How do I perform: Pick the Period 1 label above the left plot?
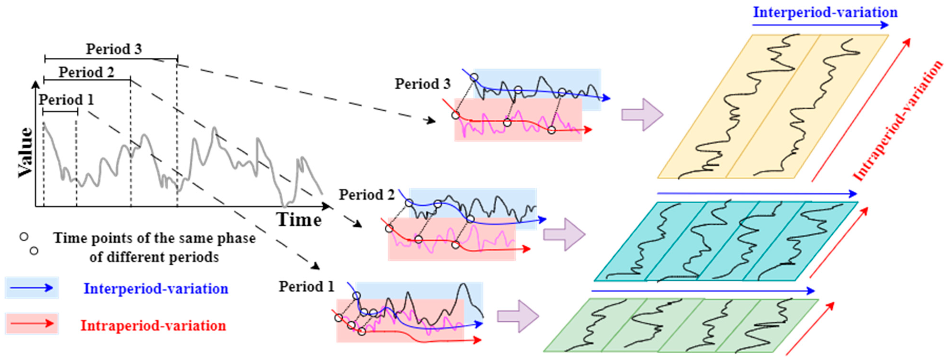coord(66,100)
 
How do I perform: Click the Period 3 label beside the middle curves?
coord(423,84)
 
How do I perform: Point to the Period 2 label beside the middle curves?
coord(367,195)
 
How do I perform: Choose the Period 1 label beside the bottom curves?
coord(306,287)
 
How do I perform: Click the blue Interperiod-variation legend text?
coord(156,289)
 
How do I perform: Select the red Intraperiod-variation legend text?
coord(153,325)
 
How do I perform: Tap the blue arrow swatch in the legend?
coord(32,288)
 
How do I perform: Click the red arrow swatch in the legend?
coord(32,324)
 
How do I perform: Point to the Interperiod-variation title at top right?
coord(825,12)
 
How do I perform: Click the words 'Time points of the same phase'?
coord(154,238)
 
